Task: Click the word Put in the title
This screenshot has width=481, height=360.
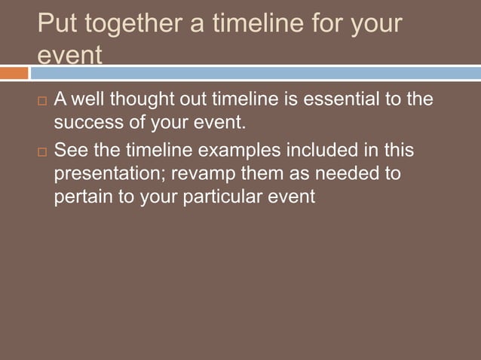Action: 57,25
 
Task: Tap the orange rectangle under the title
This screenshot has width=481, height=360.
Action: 14,73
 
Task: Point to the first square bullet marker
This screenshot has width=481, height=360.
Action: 41,101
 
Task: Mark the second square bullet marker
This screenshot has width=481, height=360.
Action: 41,152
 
